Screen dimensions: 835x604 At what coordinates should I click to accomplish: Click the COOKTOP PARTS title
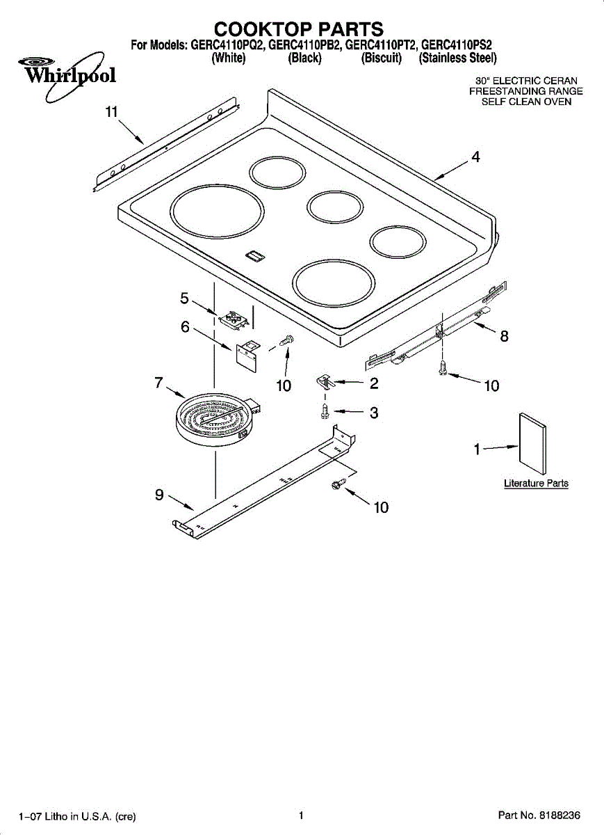[x=299, y=29]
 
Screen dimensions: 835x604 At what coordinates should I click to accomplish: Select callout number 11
[x=112, y=113]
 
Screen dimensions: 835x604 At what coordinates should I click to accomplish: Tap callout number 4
[x=475, y=157]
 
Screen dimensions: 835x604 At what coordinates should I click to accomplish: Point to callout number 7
[x=159, y=382]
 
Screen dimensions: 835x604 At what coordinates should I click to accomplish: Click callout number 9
[x=159, y=495]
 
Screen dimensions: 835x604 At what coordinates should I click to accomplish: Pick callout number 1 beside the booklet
[x=477, y=450]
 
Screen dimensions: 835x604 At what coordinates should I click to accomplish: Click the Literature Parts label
[x=536, y=483]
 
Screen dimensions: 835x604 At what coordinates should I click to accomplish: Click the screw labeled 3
[x=325, y=412]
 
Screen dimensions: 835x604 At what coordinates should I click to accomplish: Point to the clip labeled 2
[x=325, y=381]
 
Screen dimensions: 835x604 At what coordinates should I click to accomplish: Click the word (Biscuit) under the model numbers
[x=382, y=58]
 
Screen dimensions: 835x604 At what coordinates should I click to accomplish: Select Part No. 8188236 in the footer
[x=539, y=815]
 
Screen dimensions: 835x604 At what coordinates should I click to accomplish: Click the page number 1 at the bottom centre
[x=300, y=815]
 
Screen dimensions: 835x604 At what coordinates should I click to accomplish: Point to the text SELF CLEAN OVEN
[x=527, y=102]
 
